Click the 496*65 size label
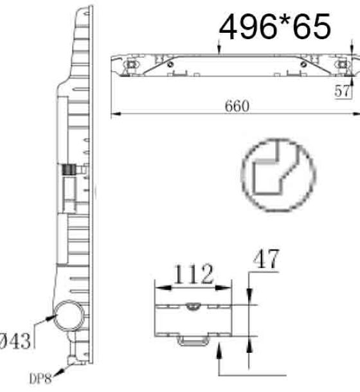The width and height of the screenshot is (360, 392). point(275,27)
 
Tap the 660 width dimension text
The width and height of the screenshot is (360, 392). point(237,106)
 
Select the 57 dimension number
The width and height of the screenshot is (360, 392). point(342,91)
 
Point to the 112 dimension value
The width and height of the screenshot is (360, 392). point(194,274)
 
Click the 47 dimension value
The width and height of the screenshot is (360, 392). point(266,258)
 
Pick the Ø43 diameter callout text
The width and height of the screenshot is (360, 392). point(15,341)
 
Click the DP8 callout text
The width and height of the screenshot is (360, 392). point(40,379)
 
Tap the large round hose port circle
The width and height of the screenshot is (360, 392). point(69,316)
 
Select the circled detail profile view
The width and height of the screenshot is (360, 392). point(278,175)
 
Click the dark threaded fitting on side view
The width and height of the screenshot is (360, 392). point(69,170)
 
